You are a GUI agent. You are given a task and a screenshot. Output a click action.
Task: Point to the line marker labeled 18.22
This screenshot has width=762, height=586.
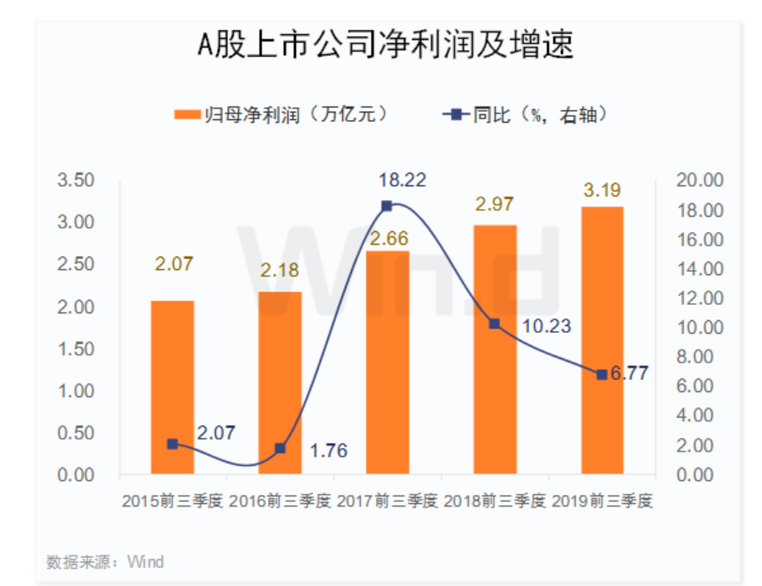(387, 206)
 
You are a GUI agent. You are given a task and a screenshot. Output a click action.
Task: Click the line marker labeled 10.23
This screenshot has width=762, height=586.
(495, 323)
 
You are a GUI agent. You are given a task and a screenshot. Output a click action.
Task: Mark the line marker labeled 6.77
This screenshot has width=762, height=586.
(602, 374)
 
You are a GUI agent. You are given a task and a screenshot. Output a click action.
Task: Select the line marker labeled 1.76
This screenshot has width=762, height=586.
(280, 448)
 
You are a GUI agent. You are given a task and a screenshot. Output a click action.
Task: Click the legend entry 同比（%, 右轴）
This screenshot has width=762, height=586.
(526, 114)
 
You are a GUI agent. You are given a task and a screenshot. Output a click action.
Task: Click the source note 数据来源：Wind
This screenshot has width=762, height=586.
(105, 561)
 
